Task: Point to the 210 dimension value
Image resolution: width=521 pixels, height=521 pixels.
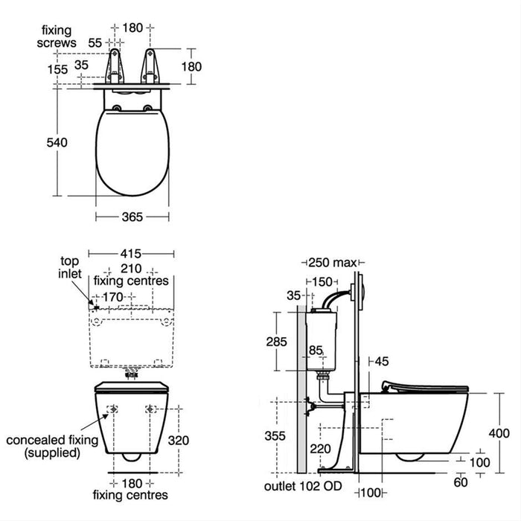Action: point(131,269)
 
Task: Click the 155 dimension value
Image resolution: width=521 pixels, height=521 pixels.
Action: point(56,69)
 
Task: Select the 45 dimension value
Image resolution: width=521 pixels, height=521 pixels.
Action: point(381,362)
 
